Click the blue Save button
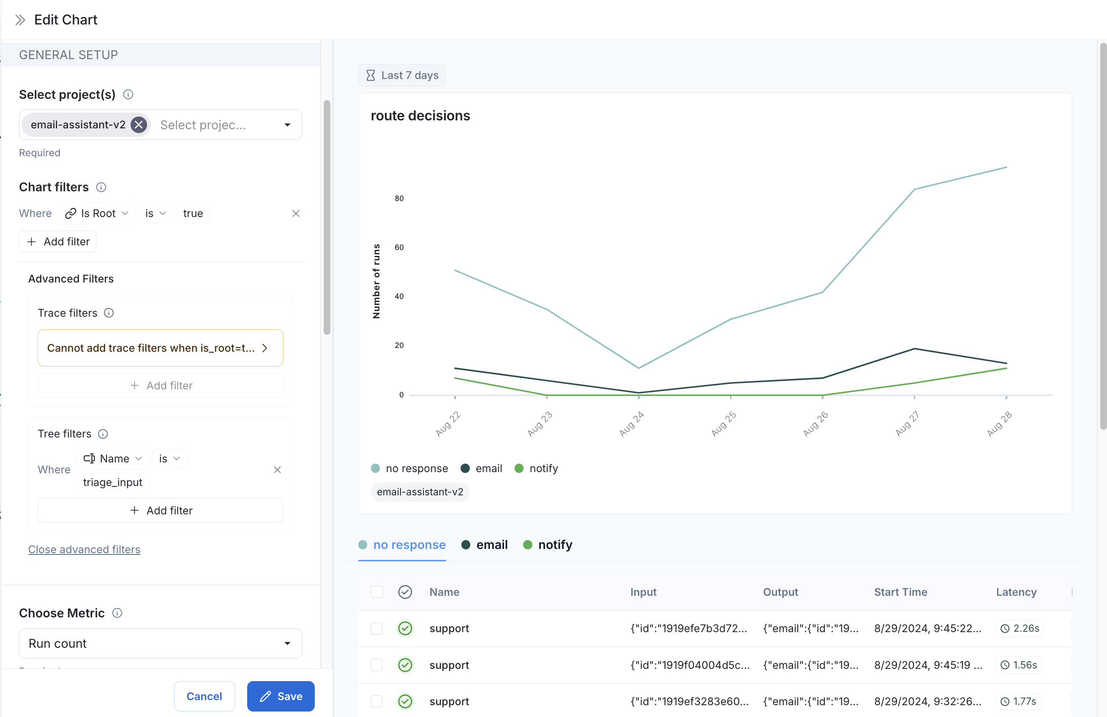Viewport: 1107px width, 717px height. pyautogui.click(x=281, y=696)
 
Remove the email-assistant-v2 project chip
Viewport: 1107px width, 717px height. pyautogui.click(x=139, y=125)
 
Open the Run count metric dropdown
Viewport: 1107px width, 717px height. pyautogui.click(x=160, y=644)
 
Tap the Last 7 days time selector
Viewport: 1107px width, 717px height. pyautogui.click(x=402, y=75)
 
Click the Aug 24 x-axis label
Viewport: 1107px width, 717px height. pyautogui.click(x=631, y=424)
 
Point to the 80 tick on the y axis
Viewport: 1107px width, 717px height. pyautogui.click(x=399, y=198)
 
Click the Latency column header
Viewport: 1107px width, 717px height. pyautogui.click(x=1016, y=592)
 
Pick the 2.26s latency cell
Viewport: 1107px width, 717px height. pyautogui.click(x=1020, y=628)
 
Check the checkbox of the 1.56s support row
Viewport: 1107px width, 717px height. pyautogui.click(x=376, y=665)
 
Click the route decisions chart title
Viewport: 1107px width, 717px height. pyautogui.click(x=420, y=116)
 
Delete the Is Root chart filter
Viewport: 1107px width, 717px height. pyautogui.click(x=296, y=213)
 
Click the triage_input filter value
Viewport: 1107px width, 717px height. pyautogui.click(x=112, y=482)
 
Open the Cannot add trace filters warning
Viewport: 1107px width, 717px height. pyautogui.click(x=160, y=348)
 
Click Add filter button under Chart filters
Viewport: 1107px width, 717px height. pyautogui.click(x=58, y=242)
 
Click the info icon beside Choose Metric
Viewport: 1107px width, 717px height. pyautogui.click(x=117, y=613)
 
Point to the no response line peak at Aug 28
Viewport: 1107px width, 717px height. pyautogui.click(x=1006, y=167)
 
